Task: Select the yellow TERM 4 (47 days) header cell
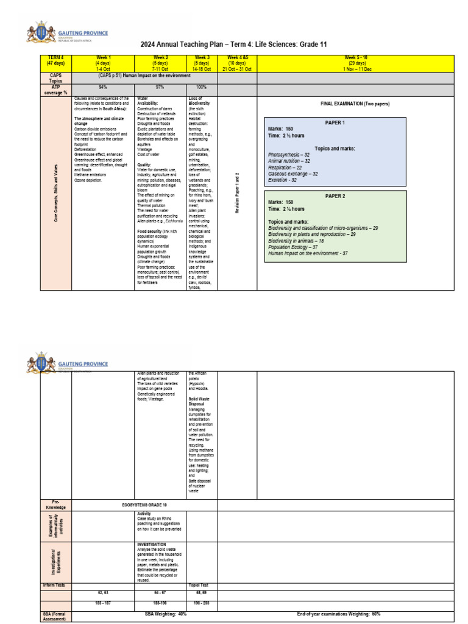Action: (x=55, y=62)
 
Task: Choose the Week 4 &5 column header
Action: (x=237, y=62)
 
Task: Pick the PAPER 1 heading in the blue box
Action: (x=335, y=122)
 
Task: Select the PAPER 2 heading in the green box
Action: (x=335, y=196)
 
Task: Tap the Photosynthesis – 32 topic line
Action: (x=289, y=155)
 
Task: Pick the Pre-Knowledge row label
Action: (x=55, y=505)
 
